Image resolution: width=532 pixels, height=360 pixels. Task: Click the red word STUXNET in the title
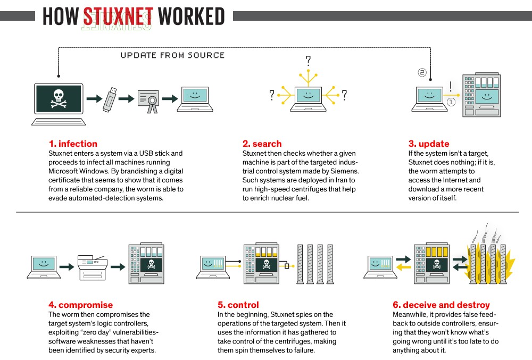[x=118, y=16]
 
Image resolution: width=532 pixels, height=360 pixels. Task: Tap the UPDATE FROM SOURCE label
[x=172, y=55]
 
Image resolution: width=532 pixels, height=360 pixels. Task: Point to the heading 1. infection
[x=73, y=144]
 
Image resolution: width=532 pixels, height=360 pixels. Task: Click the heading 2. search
[x=262, y=144]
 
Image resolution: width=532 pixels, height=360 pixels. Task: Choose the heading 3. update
[x=429, y=144]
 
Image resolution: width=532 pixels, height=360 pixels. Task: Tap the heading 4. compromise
[x=80, y=305]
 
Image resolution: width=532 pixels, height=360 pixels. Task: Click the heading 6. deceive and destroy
[x=441, y=305]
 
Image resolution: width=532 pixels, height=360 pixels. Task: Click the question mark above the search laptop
[x=307, y=60]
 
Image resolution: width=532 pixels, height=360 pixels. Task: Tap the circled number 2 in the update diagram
[x=422, y=73]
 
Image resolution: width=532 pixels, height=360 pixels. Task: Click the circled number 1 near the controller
[x=451, y=102]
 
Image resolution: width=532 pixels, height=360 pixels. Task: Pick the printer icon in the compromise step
[x=93, y=265]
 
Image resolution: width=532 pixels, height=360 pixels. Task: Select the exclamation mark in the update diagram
[x=450, y=86]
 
